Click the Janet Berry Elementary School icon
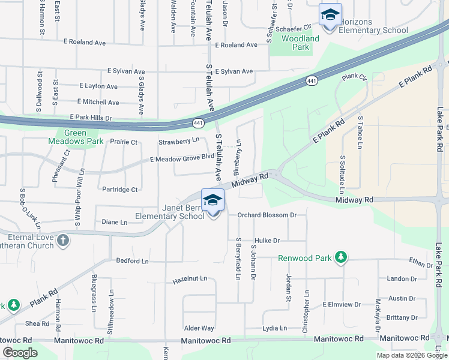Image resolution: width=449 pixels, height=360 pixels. pos(212,202)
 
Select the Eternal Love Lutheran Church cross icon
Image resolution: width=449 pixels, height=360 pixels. pos(63,241)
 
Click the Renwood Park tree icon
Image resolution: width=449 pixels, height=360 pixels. pos(341,259)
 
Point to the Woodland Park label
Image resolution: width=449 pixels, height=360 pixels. pos(300,43)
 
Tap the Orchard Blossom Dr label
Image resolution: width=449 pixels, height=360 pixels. pos(267,215)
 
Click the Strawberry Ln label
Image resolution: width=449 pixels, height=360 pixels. pos(178,142)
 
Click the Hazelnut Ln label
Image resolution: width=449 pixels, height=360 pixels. pos(190,280)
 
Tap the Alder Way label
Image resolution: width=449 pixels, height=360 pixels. pos(199,328)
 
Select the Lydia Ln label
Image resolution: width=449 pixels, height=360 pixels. pos(274,328)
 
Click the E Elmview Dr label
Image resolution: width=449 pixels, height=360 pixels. pos(342,304)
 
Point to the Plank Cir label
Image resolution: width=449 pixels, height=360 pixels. pos(354,77)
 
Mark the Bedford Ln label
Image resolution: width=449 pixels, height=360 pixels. pos(132,261)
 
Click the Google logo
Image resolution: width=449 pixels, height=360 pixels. pos(20,353)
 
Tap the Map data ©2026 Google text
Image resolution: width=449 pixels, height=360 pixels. pos(412,355)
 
